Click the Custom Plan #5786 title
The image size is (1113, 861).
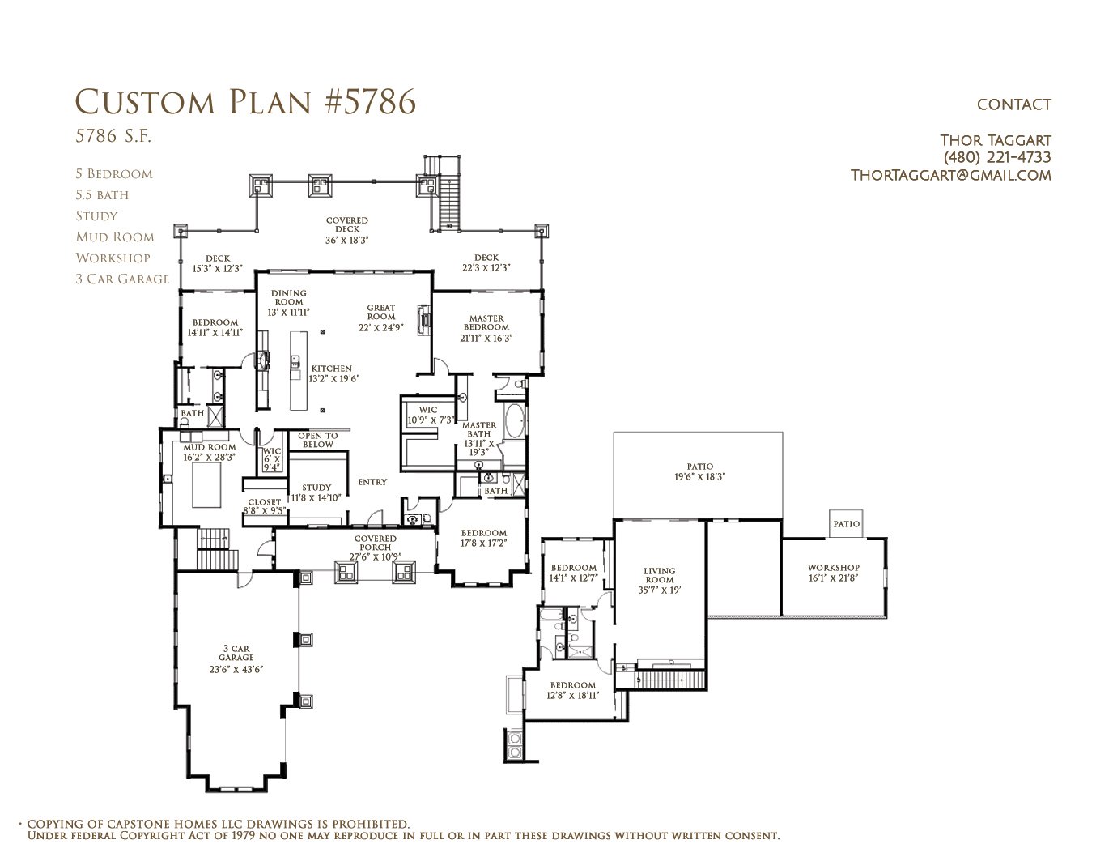click(x=245, y=102)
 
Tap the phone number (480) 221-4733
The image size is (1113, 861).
click(x=997, y=157)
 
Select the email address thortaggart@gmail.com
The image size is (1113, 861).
click(x=950, y=176)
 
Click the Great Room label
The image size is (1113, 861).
click(x=380, y=312)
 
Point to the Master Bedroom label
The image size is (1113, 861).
click(x=486, y=323)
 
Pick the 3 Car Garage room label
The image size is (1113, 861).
click(x=236, y=653)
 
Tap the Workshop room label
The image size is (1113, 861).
click(x=834, y=568)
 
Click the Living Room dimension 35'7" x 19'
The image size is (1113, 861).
click(x=660, y=590)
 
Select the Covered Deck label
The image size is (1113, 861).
click(x=347, y=224)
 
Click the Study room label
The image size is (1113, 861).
click(x=316, y=488)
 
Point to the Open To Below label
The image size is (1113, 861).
click(x=317, y=441)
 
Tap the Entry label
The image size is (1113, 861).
click(x=372, y=482)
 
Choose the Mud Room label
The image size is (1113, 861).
click(x=210, y=447)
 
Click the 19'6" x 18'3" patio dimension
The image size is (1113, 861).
click(x=699, y=476)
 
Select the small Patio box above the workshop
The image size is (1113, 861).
click(x=846, y=523)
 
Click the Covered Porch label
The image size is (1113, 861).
click(x=376, y=543)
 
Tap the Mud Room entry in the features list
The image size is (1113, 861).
click(x=115, y=237)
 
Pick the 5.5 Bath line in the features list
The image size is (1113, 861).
click(x=102, y=194)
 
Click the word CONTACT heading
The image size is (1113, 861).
click(x=1013, y=104)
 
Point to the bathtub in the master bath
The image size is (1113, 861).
click(x=514, y=421)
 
